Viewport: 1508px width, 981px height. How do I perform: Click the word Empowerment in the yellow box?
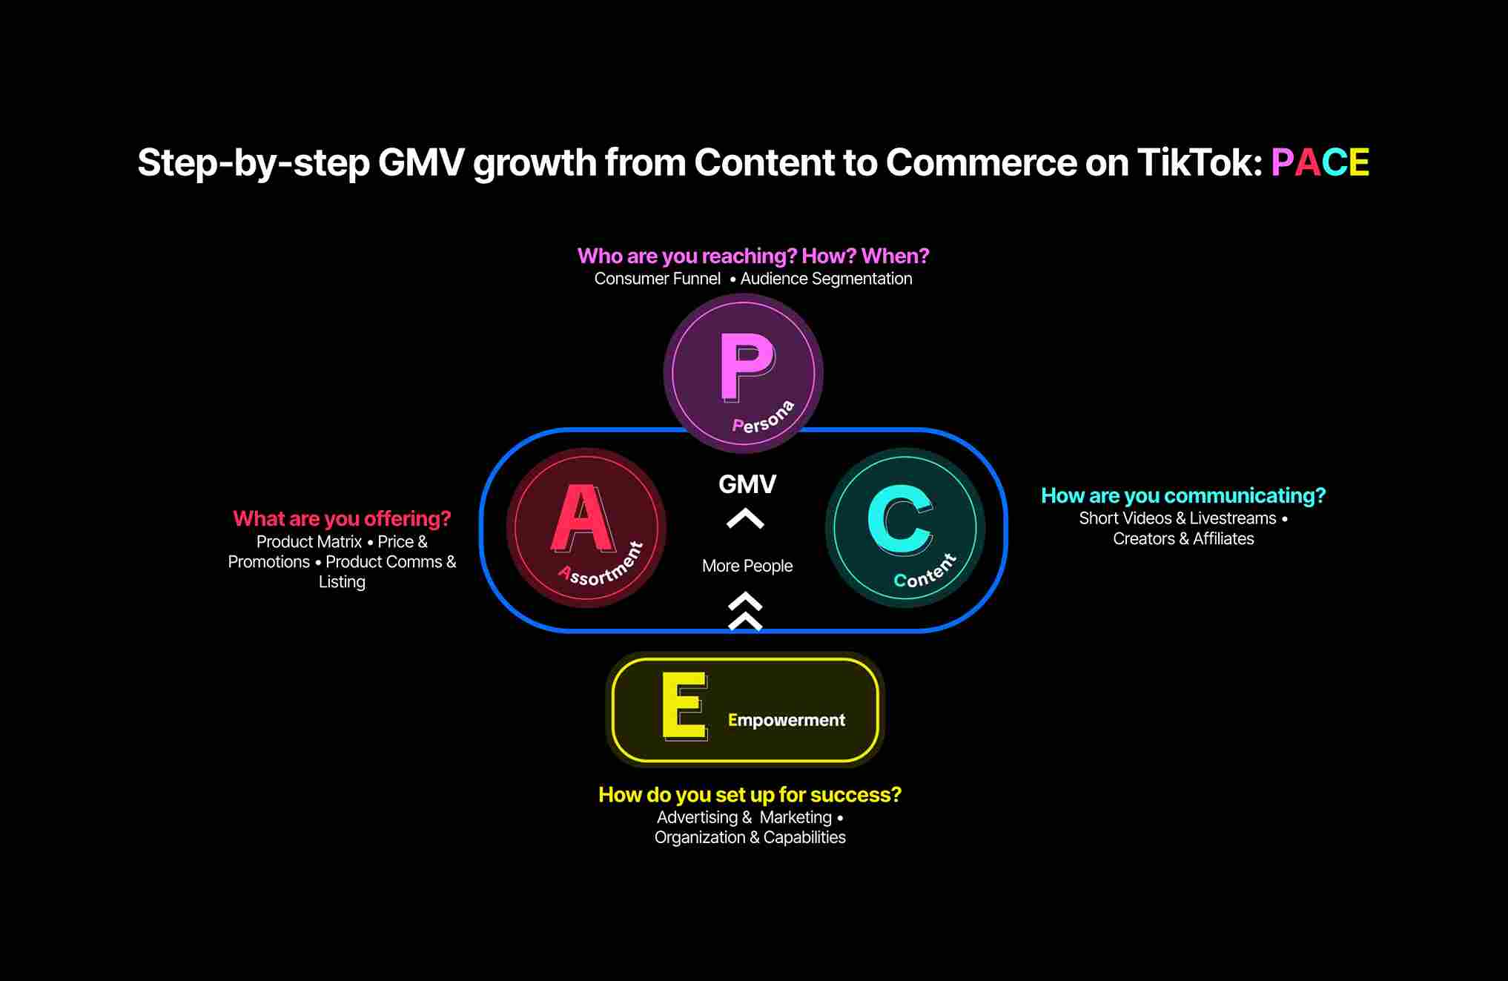pos(787,720)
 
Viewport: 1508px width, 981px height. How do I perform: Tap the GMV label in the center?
pos(747,484)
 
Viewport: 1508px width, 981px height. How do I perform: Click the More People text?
pos(747,566)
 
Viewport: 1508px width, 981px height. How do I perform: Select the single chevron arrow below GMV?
pos(745,518)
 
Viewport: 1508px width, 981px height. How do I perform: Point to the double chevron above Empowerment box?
pos(745,612)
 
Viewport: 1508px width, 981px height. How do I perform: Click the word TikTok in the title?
pos(1200,162)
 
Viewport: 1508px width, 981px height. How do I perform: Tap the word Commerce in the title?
pos(981,162)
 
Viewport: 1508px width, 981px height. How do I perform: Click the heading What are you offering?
pos(342,518)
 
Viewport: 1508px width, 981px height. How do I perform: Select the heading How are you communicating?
pos(1183,495)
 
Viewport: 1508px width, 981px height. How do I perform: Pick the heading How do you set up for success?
pos(750,795)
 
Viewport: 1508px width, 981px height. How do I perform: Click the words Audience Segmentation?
pos(827,279)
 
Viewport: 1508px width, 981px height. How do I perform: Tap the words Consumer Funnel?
pos(658,279)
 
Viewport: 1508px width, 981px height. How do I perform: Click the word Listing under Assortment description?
pos(342,582)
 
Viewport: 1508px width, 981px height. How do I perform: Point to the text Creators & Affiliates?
pos(1183,539)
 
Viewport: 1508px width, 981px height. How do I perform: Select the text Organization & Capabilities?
pos(750,837)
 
